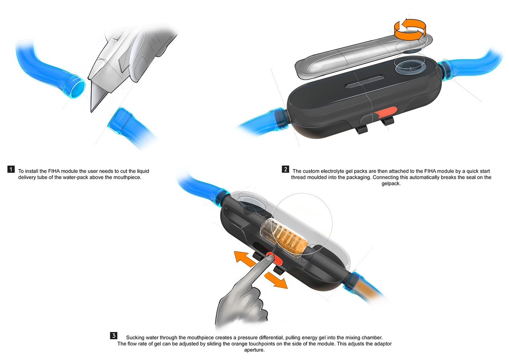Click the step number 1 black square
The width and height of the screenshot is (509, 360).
pos(11,169)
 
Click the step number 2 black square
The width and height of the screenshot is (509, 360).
pos(285,169)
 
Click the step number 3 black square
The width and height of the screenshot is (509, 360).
pos(114,336)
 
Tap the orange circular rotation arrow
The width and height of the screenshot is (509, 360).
pos(410,29)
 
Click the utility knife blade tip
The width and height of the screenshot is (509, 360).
pos(92,110)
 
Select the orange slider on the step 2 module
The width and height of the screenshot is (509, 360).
pos(388,112)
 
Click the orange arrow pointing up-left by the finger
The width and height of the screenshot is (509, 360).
pos(243,257)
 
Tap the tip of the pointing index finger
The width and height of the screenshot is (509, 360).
pos(270,257)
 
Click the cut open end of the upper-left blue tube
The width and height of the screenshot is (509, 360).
pos(77,87)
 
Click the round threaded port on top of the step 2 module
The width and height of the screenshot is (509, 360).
pos(410,67)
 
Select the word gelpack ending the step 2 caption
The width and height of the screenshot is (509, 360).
pos(391,184)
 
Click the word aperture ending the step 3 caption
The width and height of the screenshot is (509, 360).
pos(254,350)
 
